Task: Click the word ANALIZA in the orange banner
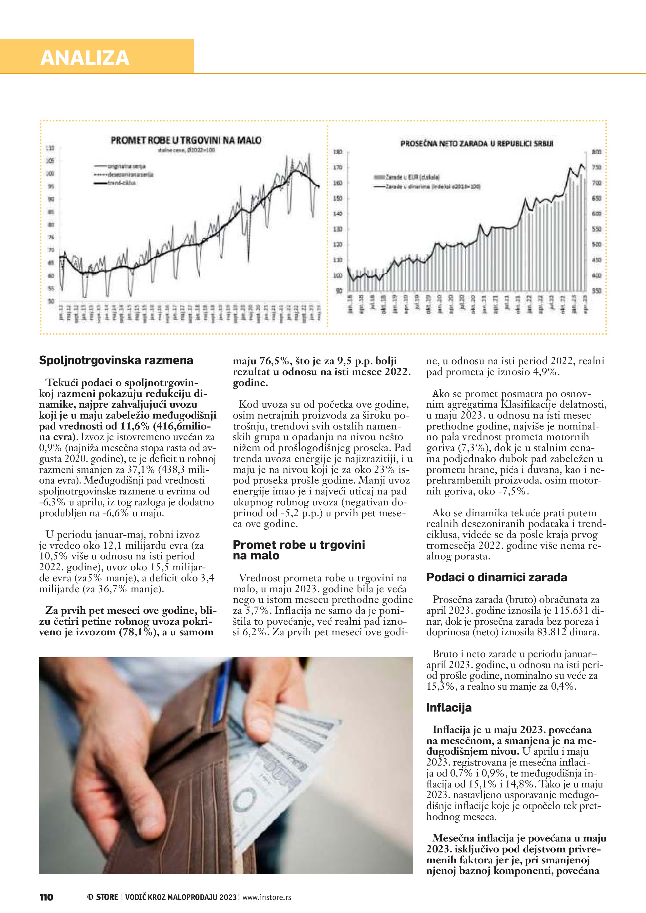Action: [x=85, y=58]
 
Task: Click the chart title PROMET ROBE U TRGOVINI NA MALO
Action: [x=186, y=140]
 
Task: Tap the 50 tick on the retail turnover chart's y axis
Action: [x=51, y=301]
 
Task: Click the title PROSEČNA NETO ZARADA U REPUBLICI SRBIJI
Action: [x=477, y=144]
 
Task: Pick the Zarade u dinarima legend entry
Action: [x=427, y=186]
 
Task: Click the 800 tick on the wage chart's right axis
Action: [x=597, y=152]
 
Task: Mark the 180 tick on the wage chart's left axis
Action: [x=338, y=152]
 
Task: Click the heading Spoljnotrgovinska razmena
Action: [x=116, y=360]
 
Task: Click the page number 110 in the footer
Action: [x=47, y=897]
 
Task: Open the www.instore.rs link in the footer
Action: [x=267, y=897]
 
